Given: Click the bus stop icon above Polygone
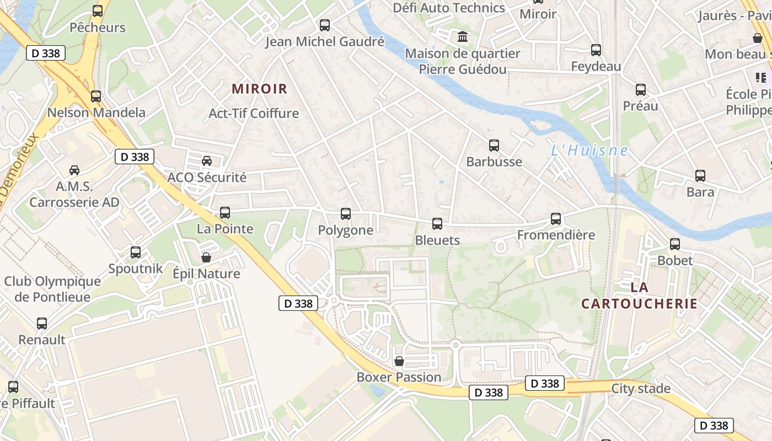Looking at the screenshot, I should [346, 214].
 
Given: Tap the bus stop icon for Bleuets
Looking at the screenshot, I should [437, 223].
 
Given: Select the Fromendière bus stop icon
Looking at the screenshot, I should [556, 219].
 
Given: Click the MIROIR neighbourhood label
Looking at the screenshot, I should [260, 89].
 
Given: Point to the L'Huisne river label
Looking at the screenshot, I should [589, 150].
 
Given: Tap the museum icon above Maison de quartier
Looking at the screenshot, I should [463, 37].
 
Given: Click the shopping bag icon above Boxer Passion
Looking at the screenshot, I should [399, 362].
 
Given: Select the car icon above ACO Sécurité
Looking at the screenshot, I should [207, 161].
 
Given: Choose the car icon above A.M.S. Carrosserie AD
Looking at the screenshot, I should [74, 170].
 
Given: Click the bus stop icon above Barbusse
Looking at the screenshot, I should [494, 146].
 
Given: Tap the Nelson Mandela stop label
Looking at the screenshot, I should [96, 112].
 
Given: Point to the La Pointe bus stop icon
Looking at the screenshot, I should [225, 212].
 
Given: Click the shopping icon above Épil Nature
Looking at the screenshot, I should [206, 257].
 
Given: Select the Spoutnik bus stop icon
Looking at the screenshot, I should [136, 252].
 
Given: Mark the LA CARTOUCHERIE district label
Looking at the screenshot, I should [639, 295].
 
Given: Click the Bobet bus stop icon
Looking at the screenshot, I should [675, 244].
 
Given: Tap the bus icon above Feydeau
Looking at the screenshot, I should [596, 50].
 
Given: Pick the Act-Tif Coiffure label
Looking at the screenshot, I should [254, 114].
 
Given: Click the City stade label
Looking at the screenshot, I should [641, 389].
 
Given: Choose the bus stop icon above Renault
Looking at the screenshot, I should [42, 324].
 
